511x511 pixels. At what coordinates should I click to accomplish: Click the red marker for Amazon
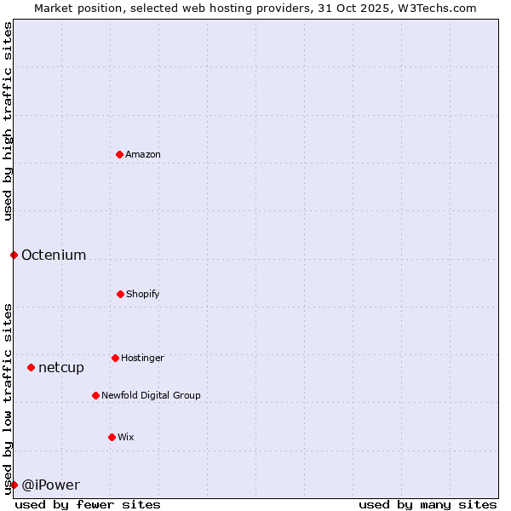pos(119,154)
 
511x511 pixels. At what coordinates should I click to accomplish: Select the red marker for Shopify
pos(120,294)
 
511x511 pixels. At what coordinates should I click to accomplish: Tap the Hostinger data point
pos(115,358)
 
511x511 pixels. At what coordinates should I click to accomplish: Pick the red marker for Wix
pos(112,437)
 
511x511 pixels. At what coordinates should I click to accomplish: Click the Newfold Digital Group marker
pos(95,395)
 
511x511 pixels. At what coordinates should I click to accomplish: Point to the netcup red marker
pos(31,367)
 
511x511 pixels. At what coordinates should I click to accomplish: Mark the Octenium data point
pos(14,255)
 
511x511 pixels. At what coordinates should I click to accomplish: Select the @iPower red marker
pos(14,485)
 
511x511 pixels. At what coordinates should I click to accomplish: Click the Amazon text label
pos(143,154)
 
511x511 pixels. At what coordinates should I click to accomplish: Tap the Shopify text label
pos(143,294)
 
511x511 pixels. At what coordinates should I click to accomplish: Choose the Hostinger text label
pos(142,358)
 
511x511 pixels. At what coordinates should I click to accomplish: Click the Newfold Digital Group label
pos(151,395)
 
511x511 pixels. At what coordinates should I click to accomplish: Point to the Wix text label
pos(126,437)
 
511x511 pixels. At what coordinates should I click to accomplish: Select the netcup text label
pos(61,367)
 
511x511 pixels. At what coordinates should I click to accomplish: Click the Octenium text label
pos(54,255)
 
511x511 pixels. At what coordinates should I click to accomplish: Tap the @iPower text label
pos(50,485)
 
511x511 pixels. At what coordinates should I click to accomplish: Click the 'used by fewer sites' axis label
pos(88,504)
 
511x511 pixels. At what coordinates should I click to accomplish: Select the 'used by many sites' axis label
pos(428,504)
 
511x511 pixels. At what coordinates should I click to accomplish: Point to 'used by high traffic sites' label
pos(8,121)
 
